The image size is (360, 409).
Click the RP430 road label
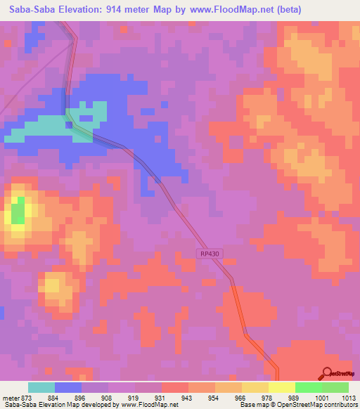(x=209, y=254)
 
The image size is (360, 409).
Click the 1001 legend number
(x=321, y=397)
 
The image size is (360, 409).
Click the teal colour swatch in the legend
(x=41, y=387)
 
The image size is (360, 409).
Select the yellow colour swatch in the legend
(x=281, y=387)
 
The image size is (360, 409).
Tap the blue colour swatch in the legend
(x=68, y=387)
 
